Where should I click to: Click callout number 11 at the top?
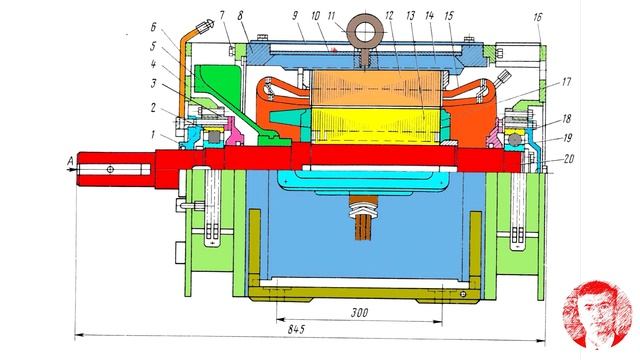click(331, 16)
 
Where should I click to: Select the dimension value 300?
click(359, 313)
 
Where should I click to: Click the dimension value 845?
click(296, 329)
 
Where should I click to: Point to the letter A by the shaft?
click(71, 162)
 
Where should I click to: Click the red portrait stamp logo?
click(597, 314)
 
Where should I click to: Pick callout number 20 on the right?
click(568, 158)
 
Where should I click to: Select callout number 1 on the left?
click(152, 134)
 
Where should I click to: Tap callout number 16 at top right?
click(537, 17)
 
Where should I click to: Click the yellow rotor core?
click(376, 126)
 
